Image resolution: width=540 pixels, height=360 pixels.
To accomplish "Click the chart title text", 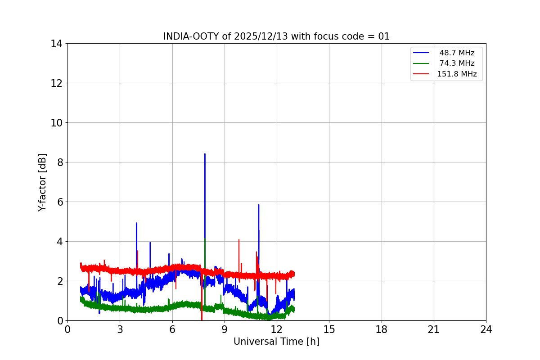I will coord(276,36).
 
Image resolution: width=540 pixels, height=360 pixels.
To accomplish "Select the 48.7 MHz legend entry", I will coord(457,53).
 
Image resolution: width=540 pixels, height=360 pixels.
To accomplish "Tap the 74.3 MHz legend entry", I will coord(457,63).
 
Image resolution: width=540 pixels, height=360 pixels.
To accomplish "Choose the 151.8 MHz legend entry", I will coord(457,74).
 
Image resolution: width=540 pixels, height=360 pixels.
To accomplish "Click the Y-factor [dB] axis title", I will coord(42,182).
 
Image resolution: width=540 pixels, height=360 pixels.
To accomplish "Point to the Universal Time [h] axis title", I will coord(276,342).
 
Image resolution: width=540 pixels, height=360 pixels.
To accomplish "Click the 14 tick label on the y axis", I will coord(56,44).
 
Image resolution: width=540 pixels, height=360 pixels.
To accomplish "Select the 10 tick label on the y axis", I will coord(56,123).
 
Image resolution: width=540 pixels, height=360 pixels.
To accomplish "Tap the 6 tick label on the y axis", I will coord(59,202).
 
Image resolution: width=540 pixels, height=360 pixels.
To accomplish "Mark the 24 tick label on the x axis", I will coord(486,329).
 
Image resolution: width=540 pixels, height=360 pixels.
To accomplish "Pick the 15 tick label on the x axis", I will coord(329,329).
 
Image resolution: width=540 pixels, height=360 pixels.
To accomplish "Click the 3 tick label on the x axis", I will coord(120,329).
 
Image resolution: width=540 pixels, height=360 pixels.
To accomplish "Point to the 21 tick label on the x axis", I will coord(434,329).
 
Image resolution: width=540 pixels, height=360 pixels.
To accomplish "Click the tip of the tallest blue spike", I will coord(205,154).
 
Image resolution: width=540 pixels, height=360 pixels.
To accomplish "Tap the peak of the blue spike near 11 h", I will coord(259,205).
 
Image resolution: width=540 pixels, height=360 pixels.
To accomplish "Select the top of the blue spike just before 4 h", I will coord(136,223).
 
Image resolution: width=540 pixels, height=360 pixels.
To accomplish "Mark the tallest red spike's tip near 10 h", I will coord(239,239).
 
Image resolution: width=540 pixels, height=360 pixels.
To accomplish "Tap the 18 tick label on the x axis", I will coord(382,329).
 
